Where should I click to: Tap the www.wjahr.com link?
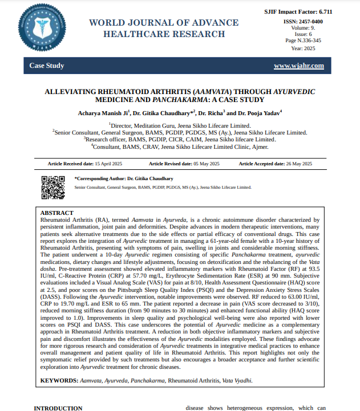299,66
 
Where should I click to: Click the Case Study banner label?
47,66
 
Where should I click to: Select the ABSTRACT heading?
58,212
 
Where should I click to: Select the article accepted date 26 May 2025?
299,164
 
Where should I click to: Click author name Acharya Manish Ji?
103,113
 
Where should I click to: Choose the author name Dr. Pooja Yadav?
260,113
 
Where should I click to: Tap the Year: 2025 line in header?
306,48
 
